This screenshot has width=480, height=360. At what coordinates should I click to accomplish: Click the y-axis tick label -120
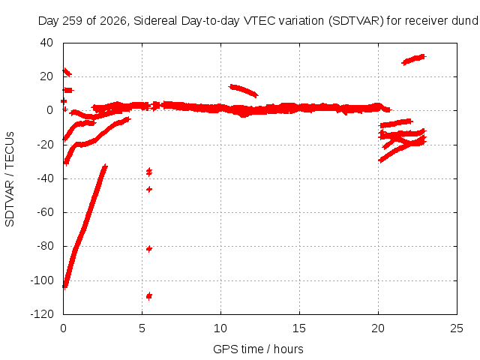pyautogui.click(x=42, y=314)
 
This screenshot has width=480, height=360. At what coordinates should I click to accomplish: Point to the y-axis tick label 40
pyautogui.click(x=46, y=43)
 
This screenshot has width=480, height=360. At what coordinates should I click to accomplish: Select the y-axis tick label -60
pyautogui.click(x=45, y=212)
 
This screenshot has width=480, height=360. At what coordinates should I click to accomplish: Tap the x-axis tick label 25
pyautogui.click(x=457, y=328)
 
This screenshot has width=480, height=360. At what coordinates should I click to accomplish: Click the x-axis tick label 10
pyautogui.click(x=220, y=328)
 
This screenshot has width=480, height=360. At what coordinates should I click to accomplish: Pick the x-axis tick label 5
pyautogui.click(x=142, y=328)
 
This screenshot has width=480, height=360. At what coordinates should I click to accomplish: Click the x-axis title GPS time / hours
pyautogui.click(x=258, y=349)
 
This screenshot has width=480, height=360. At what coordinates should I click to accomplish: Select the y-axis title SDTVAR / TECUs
pyautogui.click(x=10, y=179)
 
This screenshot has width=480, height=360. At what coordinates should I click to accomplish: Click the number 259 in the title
pyautogui.click(x=72, y=21)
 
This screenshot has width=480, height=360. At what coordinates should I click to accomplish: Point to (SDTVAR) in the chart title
pyautogui.click(x=355, y=21)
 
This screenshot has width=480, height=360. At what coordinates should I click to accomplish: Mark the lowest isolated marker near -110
pyautogui.click(x=149, y=296)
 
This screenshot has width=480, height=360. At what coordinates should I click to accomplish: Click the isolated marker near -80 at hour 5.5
pyautogui.click(x=149, y=249)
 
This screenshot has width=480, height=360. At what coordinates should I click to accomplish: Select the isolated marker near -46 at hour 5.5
pyautogui.click(x=149, y=190)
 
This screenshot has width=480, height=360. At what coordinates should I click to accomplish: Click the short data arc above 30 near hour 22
pyautogui.click(x=414, y=59)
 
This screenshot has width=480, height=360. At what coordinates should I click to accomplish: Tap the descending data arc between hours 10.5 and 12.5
pyautogui.click(x=244, y=90)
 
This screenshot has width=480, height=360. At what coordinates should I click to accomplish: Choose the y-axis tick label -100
pyautogui.click(x=42, y=280)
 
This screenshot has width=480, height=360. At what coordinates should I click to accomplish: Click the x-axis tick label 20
pyautogui.click(x=378, y=328)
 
